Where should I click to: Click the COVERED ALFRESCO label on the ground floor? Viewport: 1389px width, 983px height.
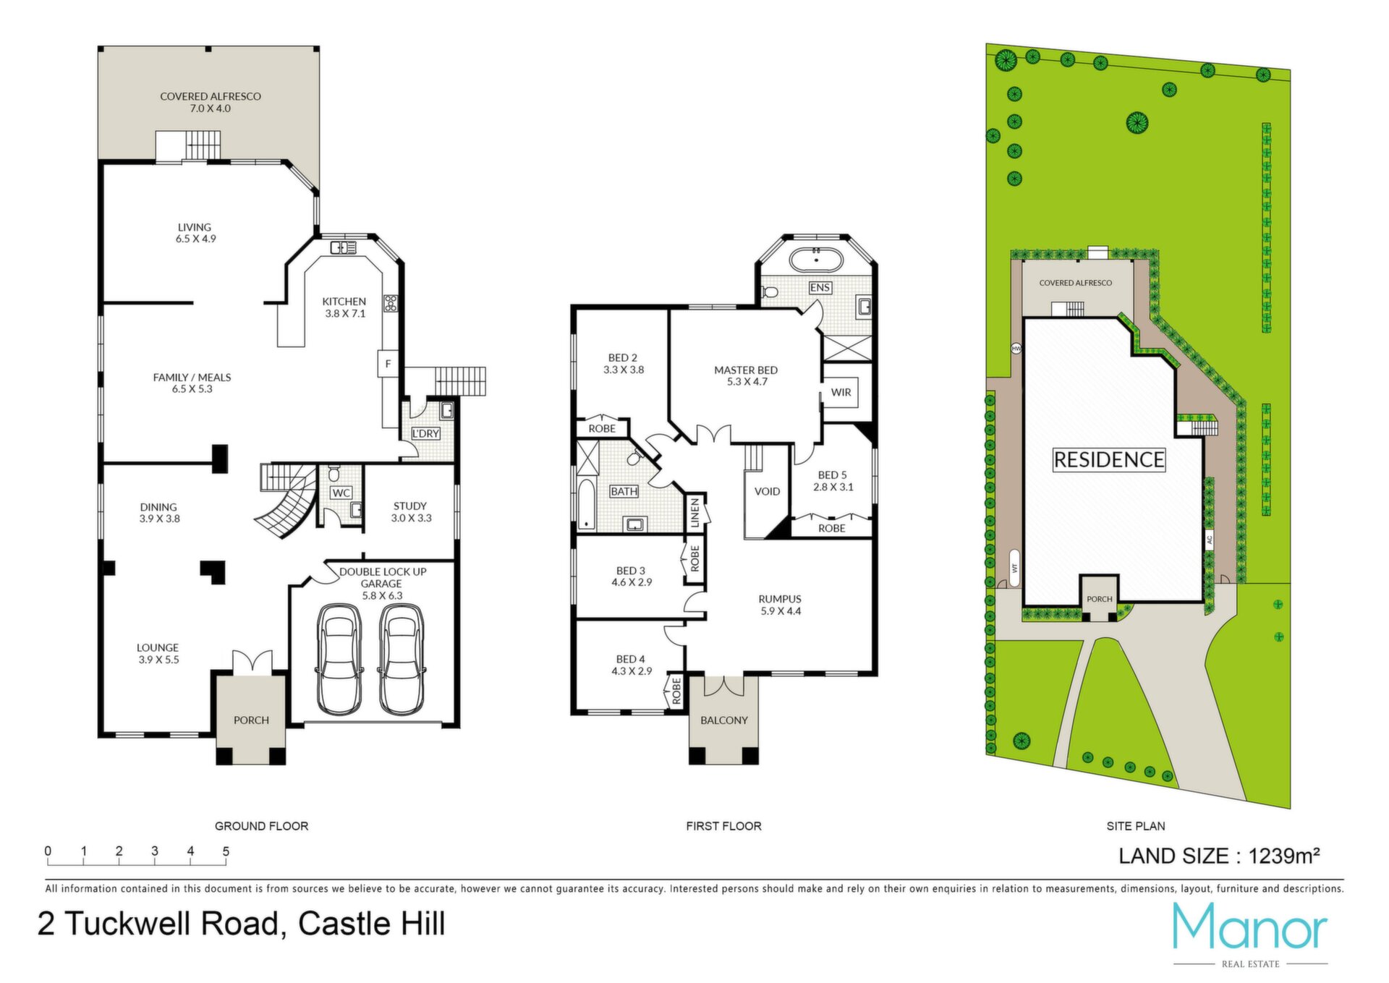(x=211, y=96)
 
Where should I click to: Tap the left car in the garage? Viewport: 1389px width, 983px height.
(x=340, y=659)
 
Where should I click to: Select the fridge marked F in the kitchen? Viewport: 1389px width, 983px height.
(x=388, y=364)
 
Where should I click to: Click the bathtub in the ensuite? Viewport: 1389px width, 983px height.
(x=815, y=258)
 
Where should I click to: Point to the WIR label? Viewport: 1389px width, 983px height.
(x=841, y=392)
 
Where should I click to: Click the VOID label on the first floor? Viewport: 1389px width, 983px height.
(x=767, y=491)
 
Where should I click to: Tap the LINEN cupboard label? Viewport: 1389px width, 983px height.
(x=694, y=511)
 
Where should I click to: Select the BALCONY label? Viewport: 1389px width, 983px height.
(x=723, y=720)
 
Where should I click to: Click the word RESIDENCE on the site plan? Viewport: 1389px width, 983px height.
(x=1109, y=459)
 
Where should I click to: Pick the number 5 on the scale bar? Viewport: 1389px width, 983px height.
(x=226, y=851)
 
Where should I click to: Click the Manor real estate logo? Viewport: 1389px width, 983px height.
(x=1250, y=933)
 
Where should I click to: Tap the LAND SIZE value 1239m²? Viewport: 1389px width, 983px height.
(x=1284, y=856)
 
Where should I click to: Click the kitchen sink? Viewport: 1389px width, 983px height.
(x=343, y=248)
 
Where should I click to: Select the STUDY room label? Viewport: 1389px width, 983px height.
(x=410, y=506)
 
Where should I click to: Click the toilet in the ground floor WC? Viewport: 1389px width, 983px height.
(x=334, y=474)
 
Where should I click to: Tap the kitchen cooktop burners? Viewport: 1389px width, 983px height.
(x=391, y=303)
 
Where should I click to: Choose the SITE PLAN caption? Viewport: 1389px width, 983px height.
(x=1136, y=826)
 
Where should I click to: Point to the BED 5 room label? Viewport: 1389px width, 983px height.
(x=832, y=475)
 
